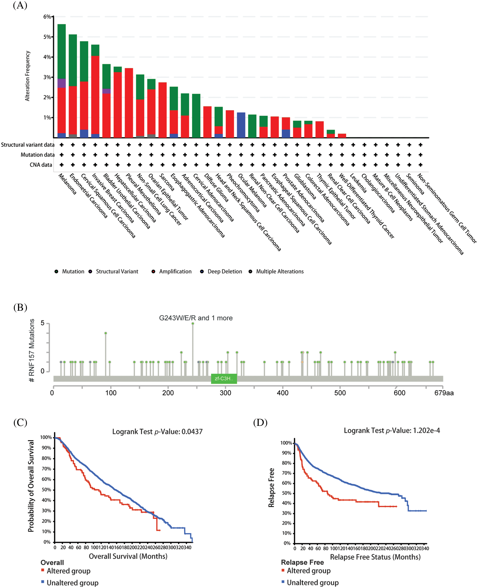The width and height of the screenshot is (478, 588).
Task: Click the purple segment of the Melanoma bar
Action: click(61, 83)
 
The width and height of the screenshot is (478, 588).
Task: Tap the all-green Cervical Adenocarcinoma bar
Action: click(196, 116)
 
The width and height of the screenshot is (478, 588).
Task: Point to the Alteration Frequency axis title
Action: click(27, 76)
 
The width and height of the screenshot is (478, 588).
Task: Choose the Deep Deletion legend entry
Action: click(224, 272)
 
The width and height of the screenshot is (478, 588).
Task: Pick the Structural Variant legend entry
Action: click(117, 272)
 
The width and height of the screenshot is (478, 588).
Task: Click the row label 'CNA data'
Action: click(41, 165)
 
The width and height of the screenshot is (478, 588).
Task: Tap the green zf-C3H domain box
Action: click(224, 379)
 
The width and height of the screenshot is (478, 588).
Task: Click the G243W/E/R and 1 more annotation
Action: click(195, 318)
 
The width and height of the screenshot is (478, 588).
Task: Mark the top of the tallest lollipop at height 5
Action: click(193, 324)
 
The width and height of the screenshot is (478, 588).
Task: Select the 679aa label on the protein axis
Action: click(444, 393)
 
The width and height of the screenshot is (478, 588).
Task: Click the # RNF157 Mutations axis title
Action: click(32, 350)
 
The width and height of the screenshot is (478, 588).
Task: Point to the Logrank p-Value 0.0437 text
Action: click(157, 431)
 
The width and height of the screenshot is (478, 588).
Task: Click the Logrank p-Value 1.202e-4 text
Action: click(391, 430)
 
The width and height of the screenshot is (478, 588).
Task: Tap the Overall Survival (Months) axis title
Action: click(128, 556)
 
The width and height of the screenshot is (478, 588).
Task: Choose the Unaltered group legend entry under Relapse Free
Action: click(312, 582)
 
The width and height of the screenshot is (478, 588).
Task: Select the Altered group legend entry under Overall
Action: click(68, 571)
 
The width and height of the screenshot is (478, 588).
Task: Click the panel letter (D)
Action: click(260, 422)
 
